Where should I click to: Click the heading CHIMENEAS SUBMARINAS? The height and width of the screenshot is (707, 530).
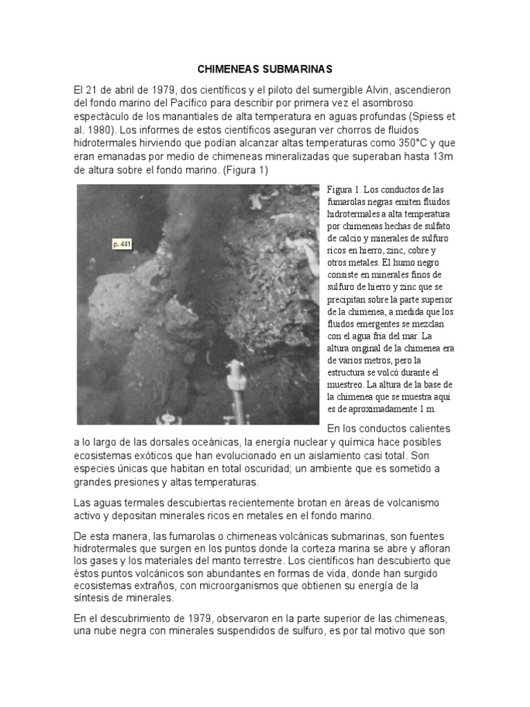[265, 70]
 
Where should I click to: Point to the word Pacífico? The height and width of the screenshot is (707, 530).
[200, 104]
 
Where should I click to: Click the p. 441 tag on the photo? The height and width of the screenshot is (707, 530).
[121, 244]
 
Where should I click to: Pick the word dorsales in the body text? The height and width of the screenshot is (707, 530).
[186, 442]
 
